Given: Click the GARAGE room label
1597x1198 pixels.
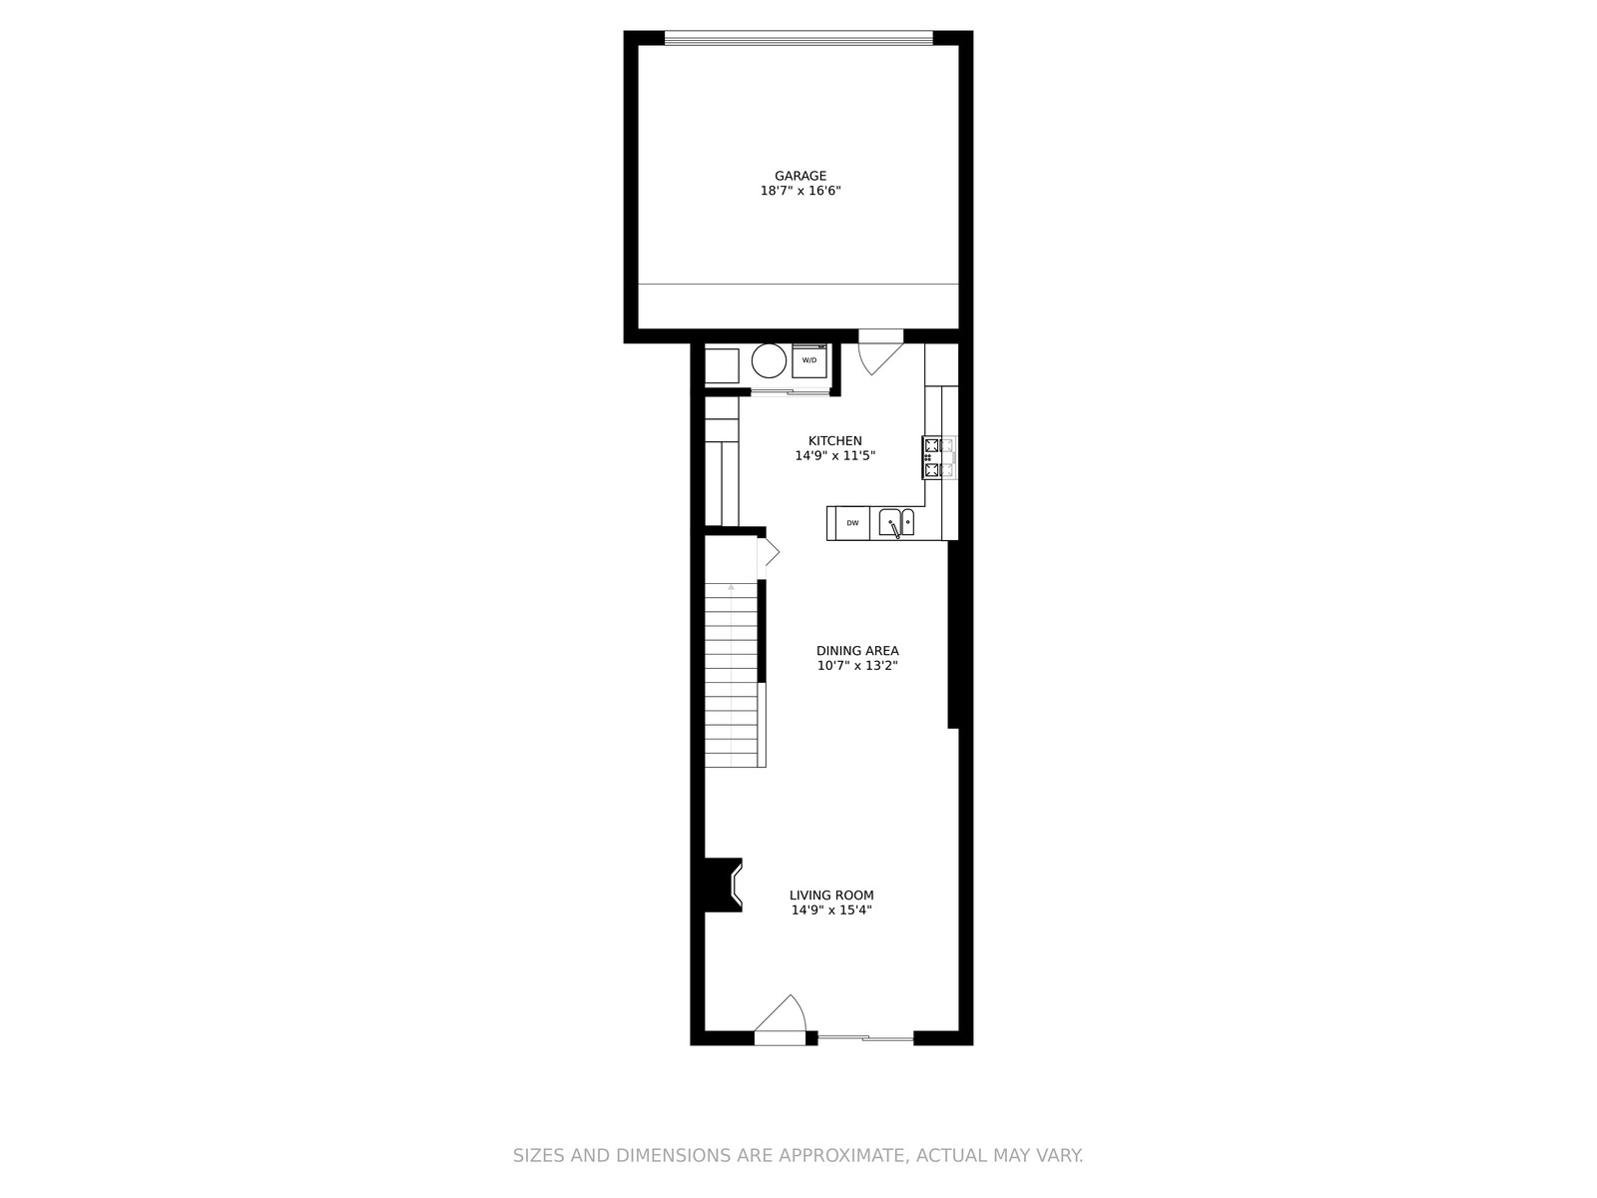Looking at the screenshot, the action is click(799, 176).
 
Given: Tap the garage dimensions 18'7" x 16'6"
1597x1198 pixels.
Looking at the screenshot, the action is click(799, 191).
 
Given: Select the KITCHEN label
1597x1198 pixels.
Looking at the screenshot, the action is click(834, 440).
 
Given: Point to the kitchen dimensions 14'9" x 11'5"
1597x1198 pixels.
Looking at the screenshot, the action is click(834, 455).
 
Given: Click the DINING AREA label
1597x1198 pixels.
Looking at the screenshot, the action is click(857, 650).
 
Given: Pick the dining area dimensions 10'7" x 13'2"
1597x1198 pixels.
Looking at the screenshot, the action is click(857, 666).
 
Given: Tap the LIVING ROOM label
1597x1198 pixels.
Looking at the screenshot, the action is click(830, 895).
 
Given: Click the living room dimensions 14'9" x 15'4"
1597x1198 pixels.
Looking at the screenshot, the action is click(830, 909).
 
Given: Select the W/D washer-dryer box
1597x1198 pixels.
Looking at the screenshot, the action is click(809, 360).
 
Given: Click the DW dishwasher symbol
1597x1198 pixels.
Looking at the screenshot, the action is click(852, 523).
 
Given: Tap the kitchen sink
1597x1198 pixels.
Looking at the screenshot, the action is click(896, 523).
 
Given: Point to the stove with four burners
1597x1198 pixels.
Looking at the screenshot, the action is click(939, 457).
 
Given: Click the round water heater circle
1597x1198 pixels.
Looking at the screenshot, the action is click(769, 360).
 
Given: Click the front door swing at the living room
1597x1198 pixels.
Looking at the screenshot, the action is click(780, 1020).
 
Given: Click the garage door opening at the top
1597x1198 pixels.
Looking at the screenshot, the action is click(798, 37).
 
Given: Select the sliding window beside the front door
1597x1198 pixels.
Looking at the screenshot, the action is click(865, 1038).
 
